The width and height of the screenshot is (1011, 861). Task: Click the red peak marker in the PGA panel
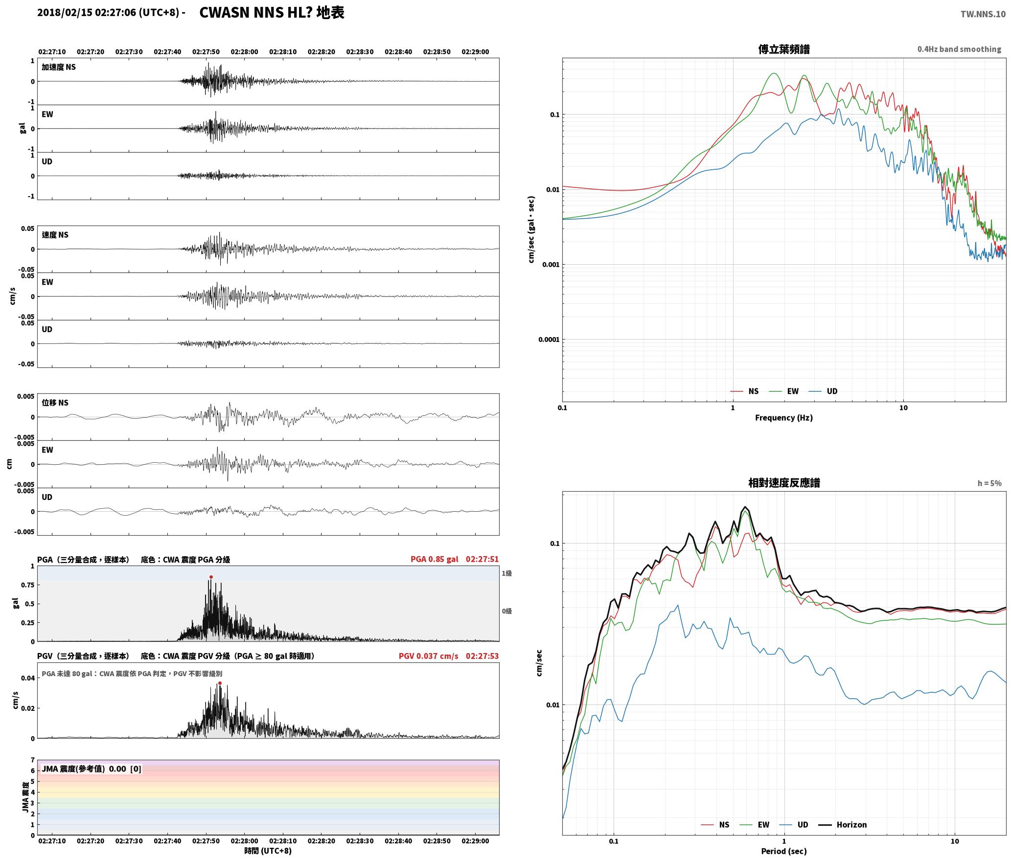tap(211, 577)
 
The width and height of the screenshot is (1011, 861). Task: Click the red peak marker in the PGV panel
tap(220, 683)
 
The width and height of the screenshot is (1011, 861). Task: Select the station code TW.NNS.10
tap(983, 14)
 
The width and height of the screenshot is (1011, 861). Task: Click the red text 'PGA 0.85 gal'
tap(434, 559)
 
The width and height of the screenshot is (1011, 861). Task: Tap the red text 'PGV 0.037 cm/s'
tap(428, 656)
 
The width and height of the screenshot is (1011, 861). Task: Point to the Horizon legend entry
tap(843, 825)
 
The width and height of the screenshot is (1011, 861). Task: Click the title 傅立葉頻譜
tap(783, 49)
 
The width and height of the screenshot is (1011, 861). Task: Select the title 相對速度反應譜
tap(784, 483)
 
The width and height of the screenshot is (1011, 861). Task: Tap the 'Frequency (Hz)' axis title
tap(783, 418)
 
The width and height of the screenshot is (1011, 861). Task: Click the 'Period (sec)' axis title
tap(783, 851)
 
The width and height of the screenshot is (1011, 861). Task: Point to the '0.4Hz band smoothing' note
tap(959, 49)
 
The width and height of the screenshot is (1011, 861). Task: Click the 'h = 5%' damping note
tap(989, 483)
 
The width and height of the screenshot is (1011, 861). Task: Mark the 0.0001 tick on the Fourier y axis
tap(549, 340)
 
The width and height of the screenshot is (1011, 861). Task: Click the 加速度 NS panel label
tap(59, 67)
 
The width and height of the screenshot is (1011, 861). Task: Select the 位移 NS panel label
tap(55, 403)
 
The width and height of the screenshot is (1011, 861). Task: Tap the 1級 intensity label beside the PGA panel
tap(506, 573)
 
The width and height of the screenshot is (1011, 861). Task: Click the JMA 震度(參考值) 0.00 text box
tap(92, 769)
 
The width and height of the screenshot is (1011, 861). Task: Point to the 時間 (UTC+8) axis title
tap(268, 851)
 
